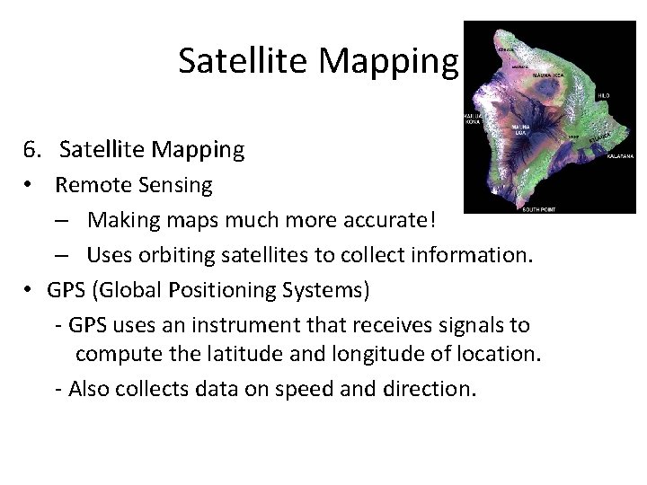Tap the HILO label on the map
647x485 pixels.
[x=603, y=94]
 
